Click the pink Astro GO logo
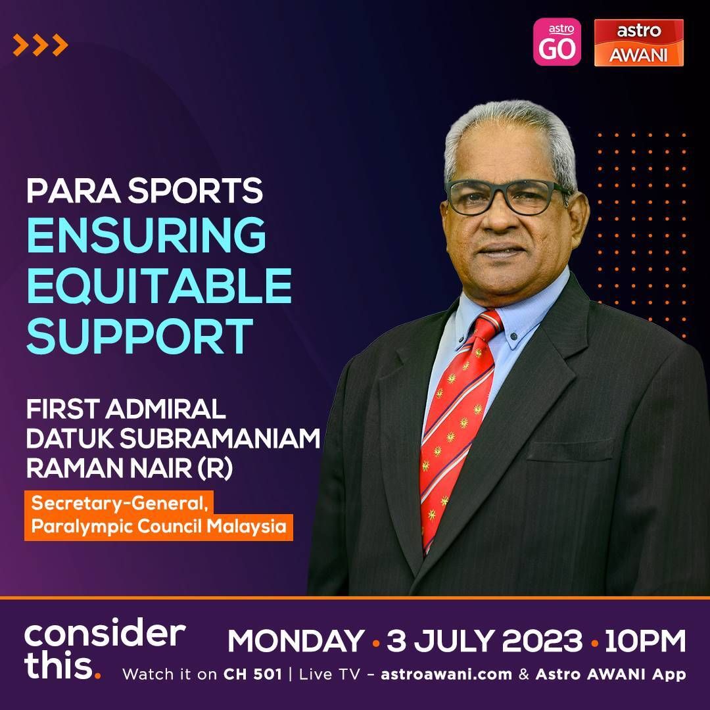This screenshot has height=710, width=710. (x=557, y=41)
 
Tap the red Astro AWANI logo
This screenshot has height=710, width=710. (x=638, y=43)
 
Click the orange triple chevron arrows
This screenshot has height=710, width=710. (x=40, y=45)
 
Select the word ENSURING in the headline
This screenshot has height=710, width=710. (x=146, y=235)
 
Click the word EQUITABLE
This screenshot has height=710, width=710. (x=159, y=285)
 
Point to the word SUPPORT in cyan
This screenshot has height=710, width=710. (x=139, y=335)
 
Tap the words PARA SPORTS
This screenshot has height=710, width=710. (x=145, y=190)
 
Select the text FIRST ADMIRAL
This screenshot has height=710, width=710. (x=126, y=409)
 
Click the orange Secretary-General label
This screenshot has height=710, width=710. (x=119, y=503)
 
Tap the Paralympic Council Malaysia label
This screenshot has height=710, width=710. (x=158, y=527)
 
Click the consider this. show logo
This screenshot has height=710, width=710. (x=105, y=649)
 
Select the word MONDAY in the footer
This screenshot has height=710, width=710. (x=296, y=641)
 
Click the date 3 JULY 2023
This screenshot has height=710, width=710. (x=484, y=641)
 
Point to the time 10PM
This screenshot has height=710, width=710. (x=645, y=641)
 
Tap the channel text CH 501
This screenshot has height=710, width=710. (x=252, y=674)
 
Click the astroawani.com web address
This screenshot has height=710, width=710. (x=446, y=674)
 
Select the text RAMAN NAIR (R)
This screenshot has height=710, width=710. (x=130, y=468)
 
